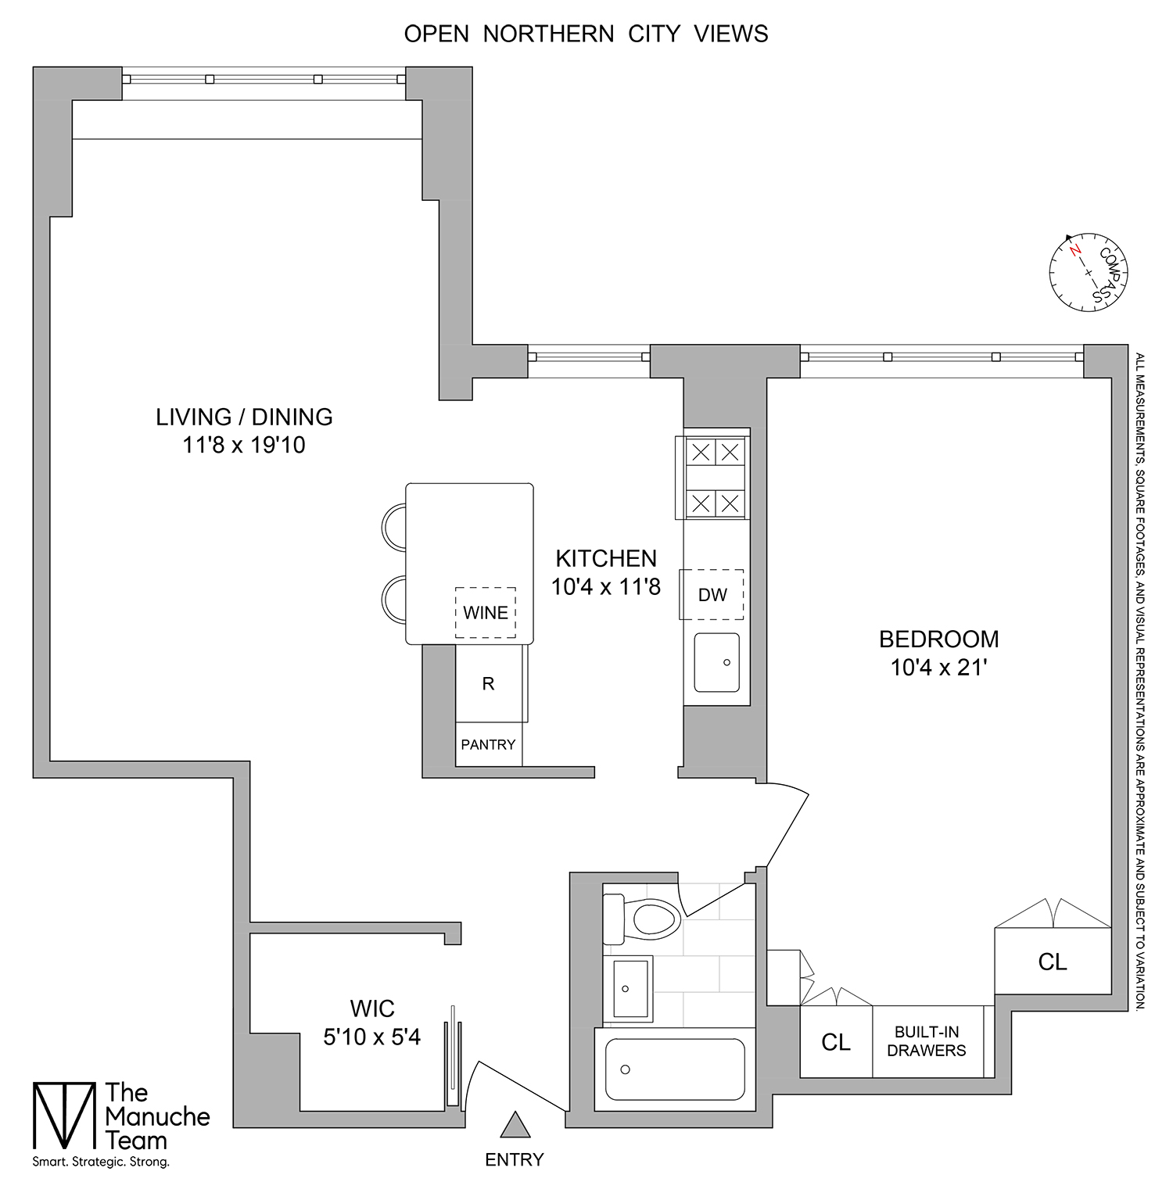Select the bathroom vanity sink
(630, 989)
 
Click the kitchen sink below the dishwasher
(716, 662)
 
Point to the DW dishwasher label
(712, 595)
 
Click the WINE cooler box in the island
(486, 612)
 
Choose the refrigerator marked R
(488, 684)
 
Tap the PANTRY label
(488, 745)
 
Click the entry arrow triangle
(515, 1126)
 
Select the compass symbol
(1088, 272)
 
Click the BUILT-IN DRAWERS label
(927, 1041)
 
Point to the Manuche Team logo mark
(63, 1116)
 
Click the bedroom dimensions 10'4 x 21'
(939, 668)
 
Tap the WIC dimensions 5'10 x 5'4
(372, 1037)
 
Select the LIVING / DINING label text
(244, 417)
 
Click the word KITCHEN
(606, 558)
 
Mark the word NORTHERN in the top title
(548, 34)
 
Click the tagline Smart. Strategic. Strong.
(101, 1162)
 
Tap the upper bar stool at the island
(394, 526)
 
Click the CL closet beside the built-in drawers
(835, 1042)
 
